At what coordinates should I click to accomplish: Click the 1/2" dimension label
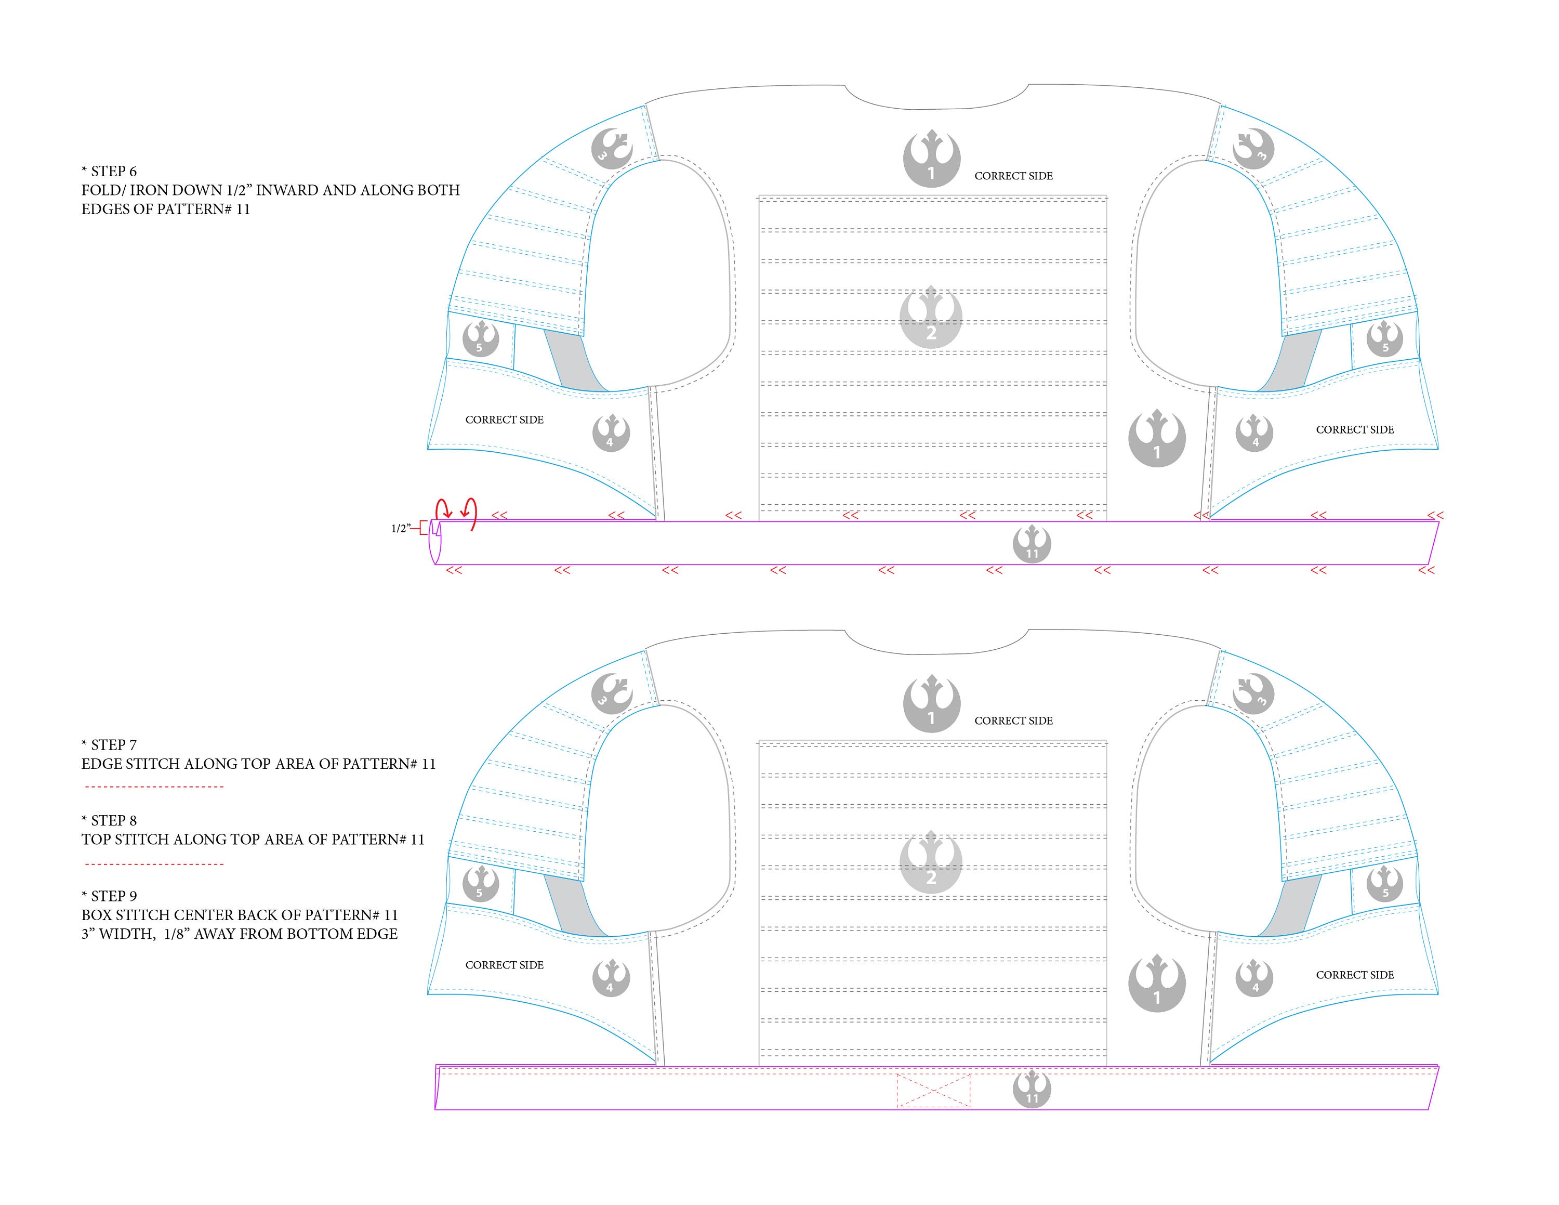(401, 528)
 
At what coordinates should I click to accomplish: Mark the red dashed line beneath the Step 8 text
(154, 865)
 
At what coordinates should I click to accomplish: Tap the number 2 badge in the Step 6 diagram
(931, 318)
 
